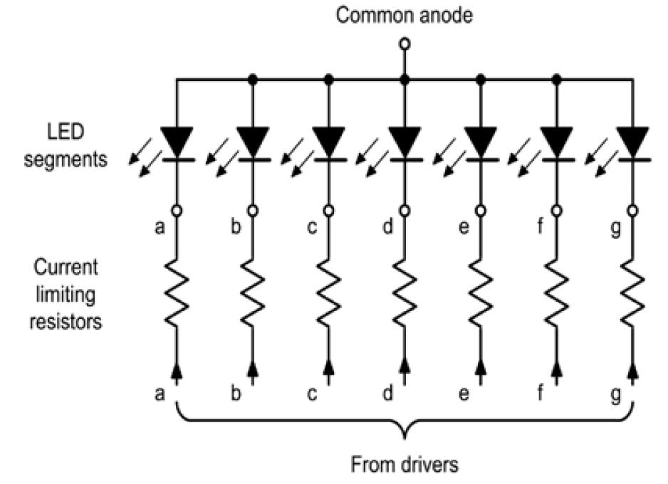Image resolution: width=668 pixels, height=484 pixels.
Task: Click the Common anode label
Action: coord(404,16)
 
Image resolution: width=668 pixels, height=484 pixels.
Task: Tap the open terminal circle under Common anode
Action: coord(405,44)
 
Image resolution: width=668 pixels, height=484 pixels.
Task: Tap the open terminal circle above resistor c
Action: coord(329,211)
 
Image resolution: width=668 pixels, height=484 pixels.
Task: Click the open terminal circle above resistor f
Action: coord(557,211)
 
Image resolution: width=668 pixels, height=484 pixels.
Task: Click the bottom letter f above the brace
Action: coord(539,392)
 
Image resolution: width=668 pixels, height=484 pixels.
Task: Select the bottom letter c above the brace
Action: coord(311,392)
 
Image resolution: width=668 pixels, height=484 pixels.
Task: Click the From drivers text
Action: coord(405,465)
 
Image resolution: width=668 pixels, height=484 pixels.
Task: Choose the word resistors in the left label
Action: coord(65,321)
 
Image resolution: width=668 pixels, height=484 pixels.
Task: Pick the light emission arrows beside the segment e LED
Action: coord(445,160)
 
